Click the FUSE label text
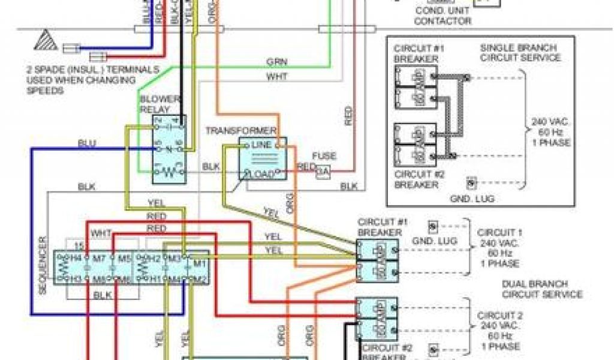[324, 156]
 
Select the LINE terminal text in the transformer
[262, 145]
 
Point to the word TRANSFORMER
[241, 131]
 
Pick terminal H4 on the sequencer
[76, 257]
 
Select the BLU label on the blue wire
[87, 144]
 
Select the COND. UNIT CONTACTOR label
[443, 16]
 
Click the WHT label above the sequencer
[101, 232]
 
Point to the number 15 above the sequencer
[78, 245]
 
